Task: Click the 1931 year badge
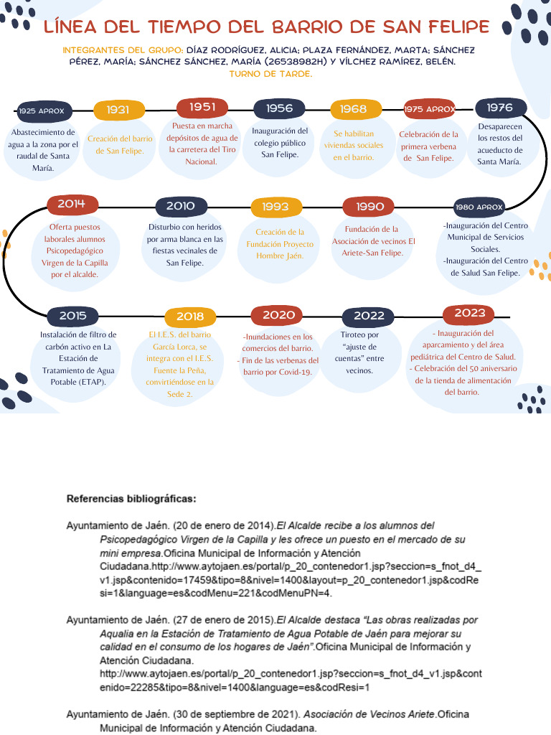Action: pos(118,110)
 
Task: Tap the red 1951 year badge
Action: pos(203,108)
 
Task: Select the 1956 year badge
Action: pos(279,108)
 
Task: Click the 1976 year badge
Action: pos(500,108)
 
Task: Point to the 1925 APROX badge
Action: pos(42,111)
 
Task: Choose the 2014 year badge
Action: pos(72,205)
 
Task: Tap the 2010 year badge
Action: pos(180,206)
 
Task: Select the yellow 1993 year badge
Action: pos(275,207)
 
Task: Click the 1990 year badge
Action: pos(369,207)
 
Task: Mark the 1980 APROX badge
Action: pos(479,207)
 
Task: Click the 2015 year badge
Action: pos(72,316)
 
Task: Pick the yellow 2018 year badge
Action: pos(190,317)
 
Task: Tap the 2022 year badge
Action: pos(369,316)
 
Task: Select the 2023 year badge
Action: pos(470,313)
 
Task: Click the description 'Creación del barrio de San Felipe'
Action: pos(120,144)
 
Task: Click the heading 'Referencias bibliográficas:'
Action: pos(131,498)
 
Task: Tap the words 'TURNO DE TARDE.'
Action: pos(270,74)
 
